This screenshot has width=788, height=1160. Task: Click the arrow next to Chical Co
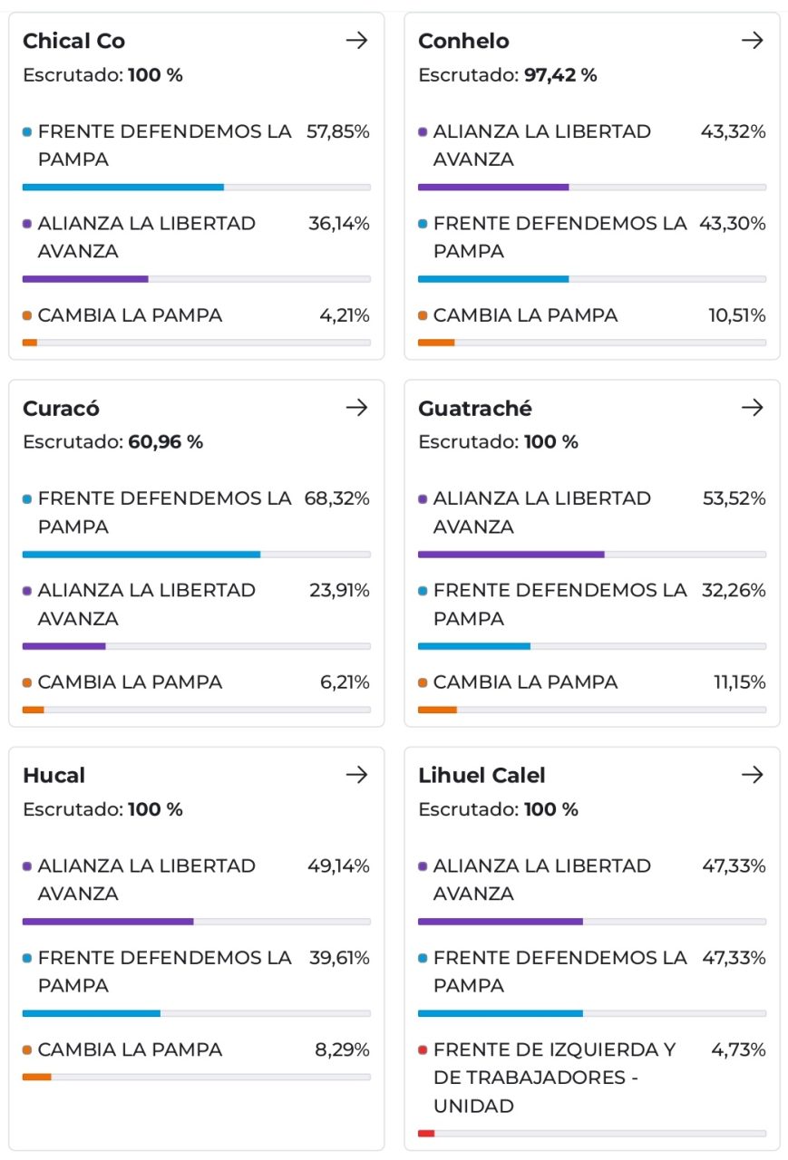(x=357, y=41)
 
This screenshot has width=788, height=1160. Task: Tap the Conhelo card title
(x=463, y=41)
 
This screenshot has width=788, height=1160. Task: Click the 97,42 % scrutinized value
(x=559, y=75)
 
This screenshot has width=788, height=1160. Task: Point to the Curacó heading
(x=61, y=409)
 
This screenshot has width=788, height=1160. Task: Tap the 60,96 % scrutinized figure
(x=165, y=442)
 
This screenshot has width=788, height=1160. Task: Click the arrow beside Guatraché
(x=753, y=408)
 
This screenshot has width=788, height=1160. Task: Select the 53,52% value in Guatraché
(x=734, y=498)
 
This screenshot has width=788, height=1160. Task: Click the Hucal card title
(x=54, y=776)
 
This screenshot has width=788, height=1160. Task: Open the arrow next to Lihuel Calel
(x=753, y=775)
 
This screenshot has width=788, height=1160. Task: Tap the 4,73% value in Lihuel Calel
(x=738, y=1049)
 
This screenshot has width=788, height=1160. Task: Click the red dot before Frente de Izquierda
(x=423, y=1050)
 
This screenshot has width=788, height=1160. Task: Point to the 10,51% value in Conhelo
(x=736, y=315)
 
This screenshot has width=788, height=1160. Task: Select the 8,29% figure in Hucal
(x=342, y=1049)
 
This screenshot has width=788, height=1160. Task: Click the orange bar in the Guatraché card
(x=437, y=710)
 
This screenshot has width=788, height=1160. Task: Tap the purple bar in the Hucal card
(x=108, y=922)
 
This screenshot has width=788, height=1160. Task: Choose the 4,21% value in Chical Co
(x=344, y=315)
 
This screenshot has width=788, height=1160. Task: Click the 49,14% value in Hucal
(x=338, y=865)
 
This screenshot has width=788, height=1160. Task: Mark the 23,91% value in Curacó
(x=339, y=590)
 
